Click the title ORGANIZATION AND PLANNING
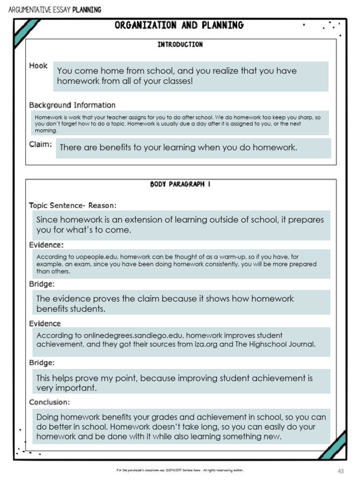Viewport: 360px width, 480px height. [180, 25]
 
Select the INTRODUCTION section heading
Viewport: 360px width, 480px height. [180, 45]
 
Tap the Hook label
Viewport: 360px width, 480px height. [38, 66]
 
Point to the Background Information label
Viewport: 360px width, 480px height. [72, 105]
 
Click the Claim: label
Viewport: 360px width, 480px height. [40, 144]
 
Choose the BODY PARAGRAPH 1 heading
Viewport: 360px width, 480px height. [180, 184]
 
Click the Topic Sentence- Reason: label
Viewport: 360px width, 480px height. [73, 205]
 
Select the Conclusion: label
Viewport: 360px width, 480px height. [49, 402]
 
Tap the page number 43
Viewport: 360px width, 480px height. [341, 471]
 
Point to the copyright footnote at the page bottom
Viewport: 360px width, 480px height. [180, 470]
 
